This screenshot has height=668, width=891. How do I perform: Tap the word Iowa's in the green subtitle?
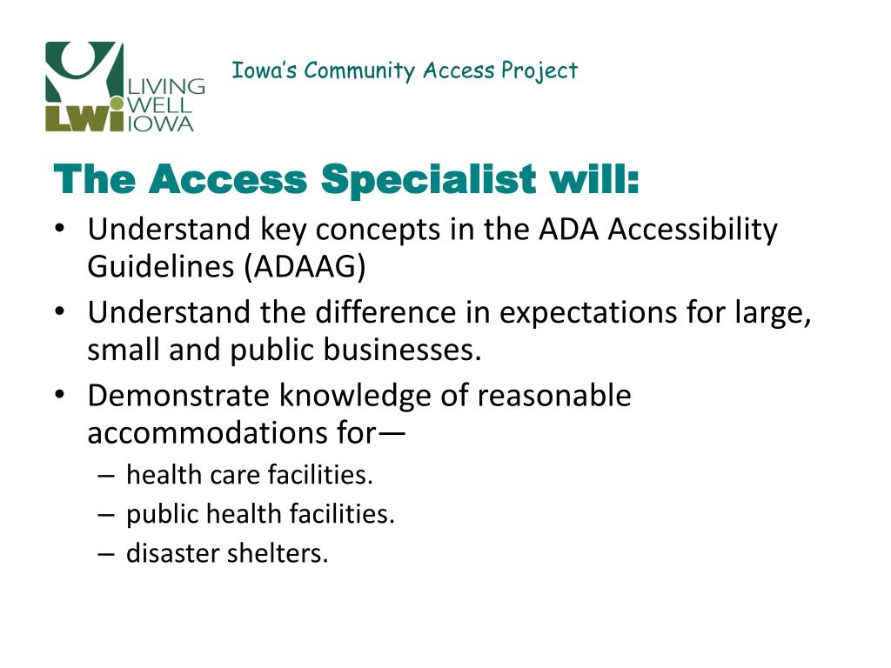click(265, 70)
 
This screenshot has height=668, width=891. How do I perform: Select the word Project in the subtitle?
click(539, 71)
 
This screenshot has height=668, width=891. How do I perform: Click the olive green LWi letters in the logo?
click(84, 118)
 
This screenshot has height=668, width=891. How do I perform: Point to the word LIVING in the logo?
click(166, 86)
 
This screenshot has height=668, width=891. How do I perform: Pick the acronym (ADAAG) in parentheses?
click(305, 266)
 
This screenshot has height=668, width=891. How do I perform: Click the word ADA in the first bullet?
click(569, 229)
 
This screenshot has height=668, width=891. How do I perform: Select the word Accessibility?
click(693, 230)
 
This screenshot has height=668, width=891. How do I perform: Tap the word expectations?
click(587, 314)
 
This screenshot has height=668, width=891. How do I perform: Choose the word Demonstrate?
click(178, 396)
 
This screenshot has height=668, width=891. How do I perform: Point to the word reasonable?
click(554, 396)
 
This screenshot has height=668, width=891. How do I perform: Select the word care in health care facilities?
click(235, 476)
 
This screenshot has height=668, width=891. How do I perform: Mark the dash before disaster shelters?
click(106, 554)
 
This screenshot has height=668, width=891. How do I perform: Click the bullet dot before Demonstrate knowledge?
click(60, 395)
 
